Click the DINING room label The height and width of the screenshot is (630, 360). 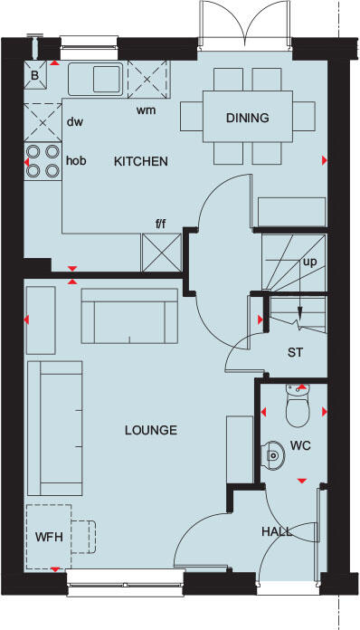click(248, 117)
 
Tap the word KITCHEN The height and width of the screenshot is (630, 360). click(140, 162)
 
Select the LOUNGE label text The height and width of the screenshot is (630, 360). click(150, 430)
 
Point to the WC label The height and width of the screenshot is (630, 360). click(300, 445)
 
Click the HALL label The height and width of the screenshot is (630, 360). click(277, 531)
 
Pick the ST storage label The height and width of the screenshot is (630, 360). click(295, 352)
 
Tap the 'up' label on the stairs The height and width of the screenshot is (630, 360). click(310, 262)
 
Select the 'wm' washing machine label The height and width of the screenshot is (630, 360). click(145, 110)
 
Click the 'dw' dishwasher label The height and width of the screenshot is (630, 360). click(75, 121)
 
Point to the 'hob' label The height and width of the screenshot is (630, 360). click(76, 160)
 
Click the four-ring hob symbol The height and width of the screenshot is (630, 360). click(43, 160)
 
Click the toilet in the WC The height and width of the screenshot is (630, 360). click(296, 410)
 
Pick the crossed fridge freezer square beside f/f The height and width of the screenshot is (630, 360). click(157, 251)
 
